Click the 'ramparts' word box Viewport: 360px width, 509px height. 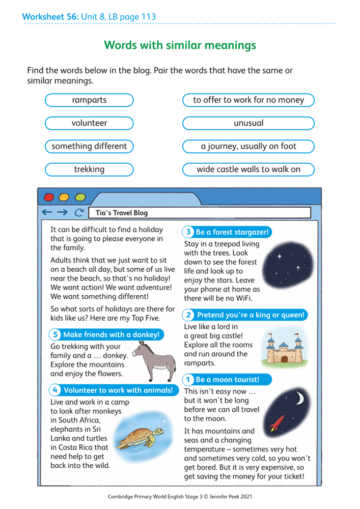(x=89, y=100)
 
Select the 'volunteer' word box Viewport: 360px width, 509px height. (x=89, y=123)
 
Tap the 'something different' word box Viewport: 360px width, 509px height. (x=89, y=147)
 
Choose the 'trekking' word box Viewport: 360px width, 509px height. (x=89, y=169)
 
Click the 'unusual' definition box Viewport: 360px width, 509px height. (x=248, y=123)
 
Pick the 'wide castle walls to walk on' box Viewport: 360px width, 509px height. (x=248, y=169)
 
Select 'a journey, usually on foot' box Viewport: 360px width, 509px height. (x=248, y=147)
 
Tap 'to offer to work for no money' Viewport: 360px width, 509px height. (x=248, y=100)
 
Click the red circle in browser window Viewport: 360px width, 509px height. (x=49, y=197)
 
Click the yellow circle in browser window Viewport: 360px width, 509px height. (x=64, y=197)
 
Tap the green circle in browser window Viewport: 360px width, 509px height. (x=80, y=197)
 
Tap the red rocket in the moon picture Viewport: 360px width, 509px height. (x=278, y=421)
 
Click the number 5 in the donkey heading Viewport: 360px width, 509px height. (x=55, y=334)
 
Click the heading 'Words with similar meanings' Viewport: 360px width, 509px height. (x=180, y=45)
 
